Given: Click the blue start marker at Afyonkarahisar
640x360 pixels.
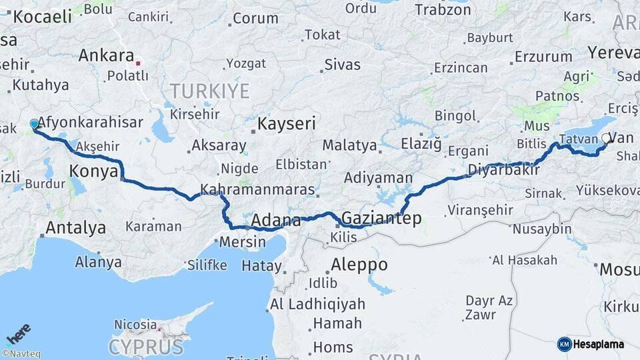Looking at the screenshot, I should point(35,124).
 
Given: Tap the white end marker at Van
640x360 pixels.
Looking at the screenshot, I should point(606,139).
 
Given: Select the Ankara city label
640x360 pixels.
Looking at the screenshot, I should point(106,55).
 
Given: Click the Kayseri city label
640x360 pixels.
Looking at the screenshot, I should point(287,123).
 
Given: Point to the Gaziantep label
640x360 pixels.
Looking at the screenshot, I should point(381,218).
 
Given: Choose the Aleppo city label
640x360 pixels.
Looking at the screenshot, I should point(359,264).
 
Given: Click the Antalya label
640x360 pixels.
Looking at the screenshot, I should point(75,227).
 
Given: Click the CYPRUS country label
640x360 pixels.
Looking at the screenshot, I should point(146,347).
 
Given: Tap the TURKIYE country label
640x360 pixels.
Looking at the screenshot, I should point(209,91).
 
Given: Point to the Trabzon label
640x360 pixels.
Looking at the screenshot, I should point(443,9).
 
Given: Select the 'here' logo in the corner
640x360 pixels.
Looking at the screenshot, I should point(18,333).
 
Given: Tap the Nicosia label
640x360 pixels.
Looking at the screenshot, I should point(135,325).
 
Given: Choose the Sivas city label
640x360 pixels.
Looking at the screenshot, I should point(342,65).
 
